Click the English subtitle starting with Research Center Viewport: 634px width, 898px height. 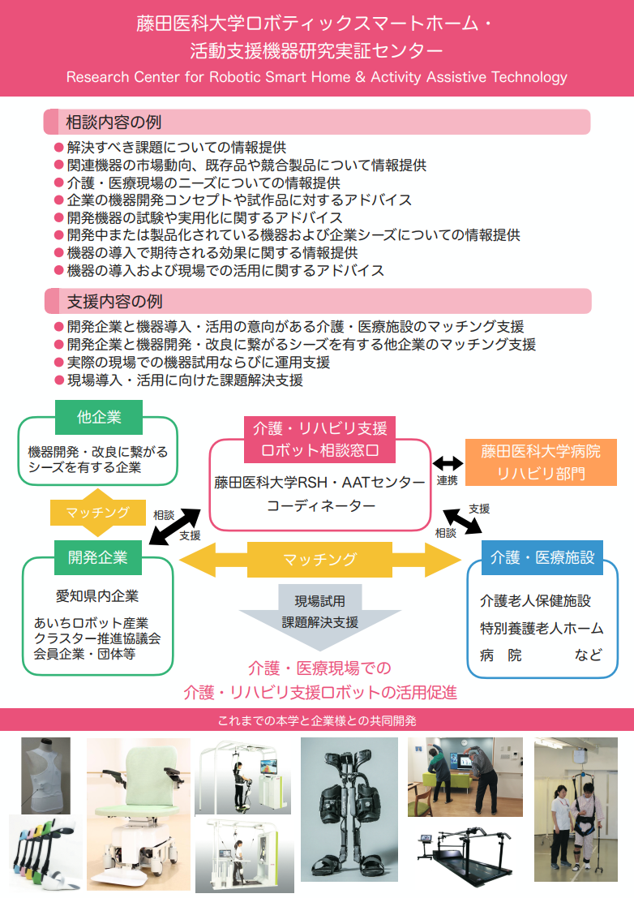317,78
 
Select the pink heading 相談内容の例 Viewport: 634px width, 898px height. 114,122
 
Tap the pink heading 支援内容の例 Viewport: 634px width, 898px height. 114,302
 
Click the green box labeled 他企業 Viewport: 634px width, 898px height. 99,418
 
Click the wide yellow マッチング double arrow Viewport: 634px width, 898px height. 319,559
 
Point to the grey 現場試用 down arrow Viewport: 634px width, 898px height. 319,612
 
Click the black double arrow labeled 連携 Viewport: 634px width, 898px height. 447,464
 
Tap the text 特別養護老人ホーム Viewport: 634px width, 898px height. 542,628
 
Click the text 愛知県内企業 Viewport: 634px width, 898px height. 98,596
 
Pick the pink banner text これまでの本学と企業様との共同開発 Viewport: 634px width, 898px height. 317,720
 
